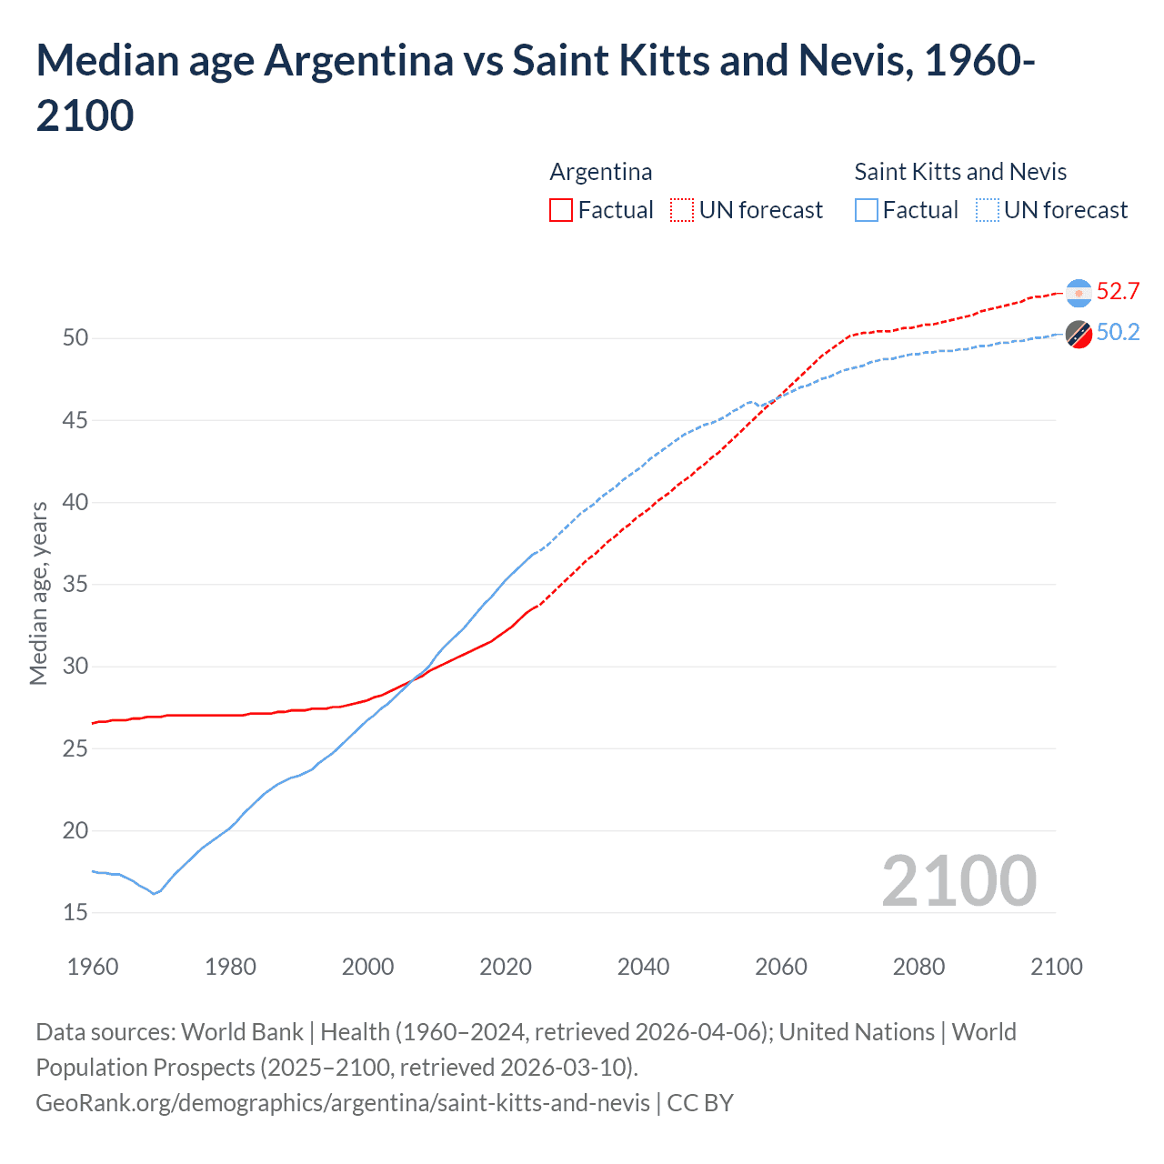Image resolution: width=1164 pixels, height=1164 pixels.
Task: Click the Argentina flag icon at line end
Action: click(x=1079, y=293)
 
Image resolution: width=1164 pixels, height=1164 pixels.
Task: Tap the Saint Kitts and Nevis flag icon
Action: click(x=1079, y=335)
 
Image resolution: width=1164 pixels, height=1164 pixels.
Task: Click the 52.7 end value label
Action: click(x=1118, y=291)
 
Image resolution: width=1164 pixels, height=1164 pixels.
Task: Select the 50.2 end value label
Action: click(x=1118, y=333)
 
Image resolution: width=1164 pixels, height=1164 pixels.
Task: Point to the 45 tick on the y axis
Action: click(x=75, y=420)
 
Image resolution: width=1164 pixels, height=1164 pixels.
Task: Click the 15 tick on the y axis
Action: click(x=75, y=912)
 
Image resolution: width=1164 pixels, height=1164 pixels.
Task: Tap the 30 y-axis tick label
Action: click(x=75, y=667)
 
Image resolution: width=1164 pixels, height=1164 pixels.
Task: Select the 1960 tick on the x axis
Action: click(x=93, y=967)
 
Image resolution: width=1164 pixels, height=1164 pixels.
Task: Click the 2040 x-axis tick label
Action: click(x=643, y=967)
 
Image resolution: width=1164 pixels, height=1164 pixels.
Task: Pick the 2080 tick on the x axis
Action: click(x=918, y=967)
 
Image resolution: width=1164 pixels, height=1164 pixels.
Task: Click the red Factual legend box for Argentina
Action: click(x=561, y=211)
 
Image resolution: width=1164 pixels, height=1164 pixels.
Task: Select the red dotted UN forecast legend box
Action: click(x=682, y=211)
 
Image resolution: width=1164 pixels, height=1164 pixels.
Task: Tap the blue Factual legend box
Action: click(x=867, y=211)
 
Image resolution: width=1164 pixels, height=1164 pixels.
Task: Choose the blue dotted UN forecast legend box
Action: click(x=987, y=211)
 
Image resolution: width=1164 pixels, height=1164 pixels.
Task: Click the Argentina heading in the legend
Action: click(x=601, y=172)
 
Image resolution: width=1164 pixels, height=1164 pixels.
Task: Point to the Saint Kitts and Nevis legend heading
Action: click(x=960, y=172)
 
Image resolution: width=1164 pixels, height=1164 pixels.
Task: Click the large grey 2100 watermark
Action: click(x=958, y=881)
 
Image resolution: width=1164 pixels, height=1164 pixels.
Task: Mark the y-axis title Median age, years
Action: click(x=38, y=593)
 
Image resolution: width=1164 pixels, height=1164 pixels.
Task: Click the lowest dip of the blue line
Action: click(x=154, y=894)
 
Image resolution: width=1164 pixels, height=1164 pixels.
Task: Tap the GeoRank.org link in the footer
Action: click(x=343, y=1103)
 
